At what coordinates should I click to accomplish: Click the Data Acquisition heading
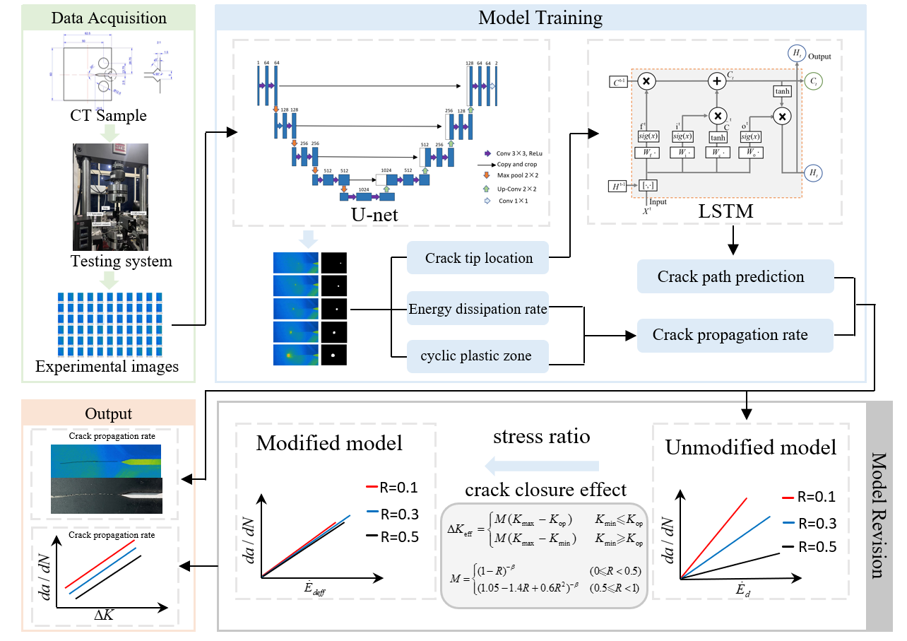[109, 18]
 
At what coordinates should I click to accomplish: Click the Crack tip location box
[479, 259]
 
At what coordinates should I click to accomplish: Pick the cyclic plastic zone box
[478, 355]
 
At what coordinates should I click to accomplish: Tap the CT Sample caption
[109, 116]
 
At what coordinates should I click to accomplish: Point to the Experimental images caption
[107, 367]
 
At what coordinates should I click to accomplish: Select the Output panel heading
[108, 413]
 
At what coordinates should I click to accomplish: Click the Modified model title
[329, 443]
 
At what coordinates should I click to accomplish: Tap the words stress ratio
[542, 437]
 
